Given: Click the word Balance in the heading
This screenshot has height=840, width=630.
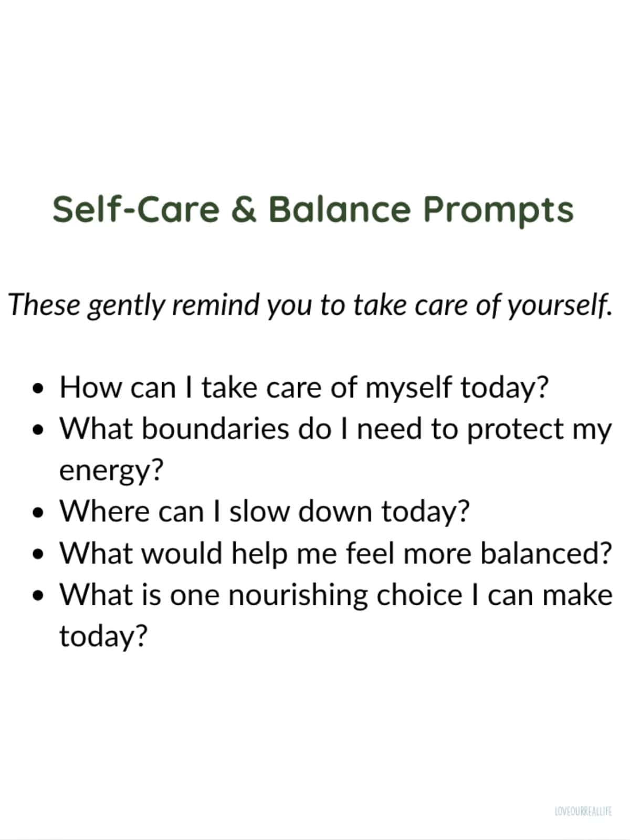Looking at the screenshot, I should coord(339,209).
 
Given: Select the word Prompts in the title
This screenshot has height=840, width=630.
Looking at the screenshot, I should coord(498,210).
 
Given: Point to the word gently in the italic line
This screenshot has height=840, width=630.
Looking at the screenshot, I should coord(126,306).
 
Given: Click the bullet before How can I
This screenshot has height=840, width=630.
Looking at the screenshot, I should coord(37,389).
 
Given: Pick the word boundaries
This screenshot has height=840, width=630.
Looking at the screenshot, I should coord(215,429).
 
